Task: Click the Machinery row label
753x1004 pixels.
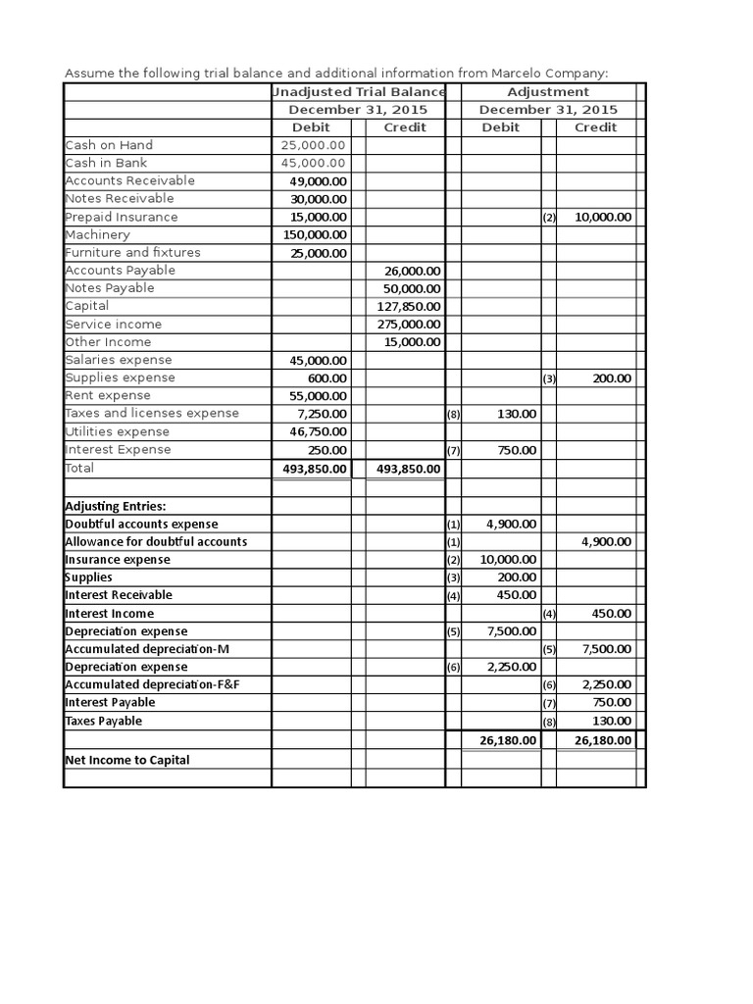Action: (97, 234)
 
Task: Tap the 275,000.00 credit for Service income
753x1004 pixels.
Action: (409, 324)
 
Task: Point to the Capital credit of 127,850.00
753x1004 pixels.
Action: (409, 306)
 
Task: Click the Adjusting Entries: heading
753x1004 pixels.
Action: (115, 506)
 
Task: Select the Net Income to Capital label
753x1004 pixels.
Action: (127, 760)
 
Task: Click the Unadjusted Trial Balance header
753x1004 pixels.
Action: (359, 91)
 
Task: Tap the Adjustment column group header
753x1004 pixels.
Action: (548, 91)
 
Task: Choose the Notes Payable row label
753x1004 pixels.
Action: (110, 288)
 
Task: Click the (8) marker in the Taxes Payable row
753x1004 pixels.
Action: (548, 722)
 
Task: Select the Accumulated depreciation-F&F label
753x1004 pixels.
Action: (152, 684)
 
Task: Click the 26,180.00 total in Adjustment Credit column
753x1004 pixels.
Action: (602, 740)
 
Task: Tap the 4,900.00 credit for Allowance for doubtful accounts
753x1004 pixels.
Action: (606, 541)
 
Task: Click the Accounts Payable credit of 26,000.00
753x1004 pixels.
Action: (412, 271)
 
